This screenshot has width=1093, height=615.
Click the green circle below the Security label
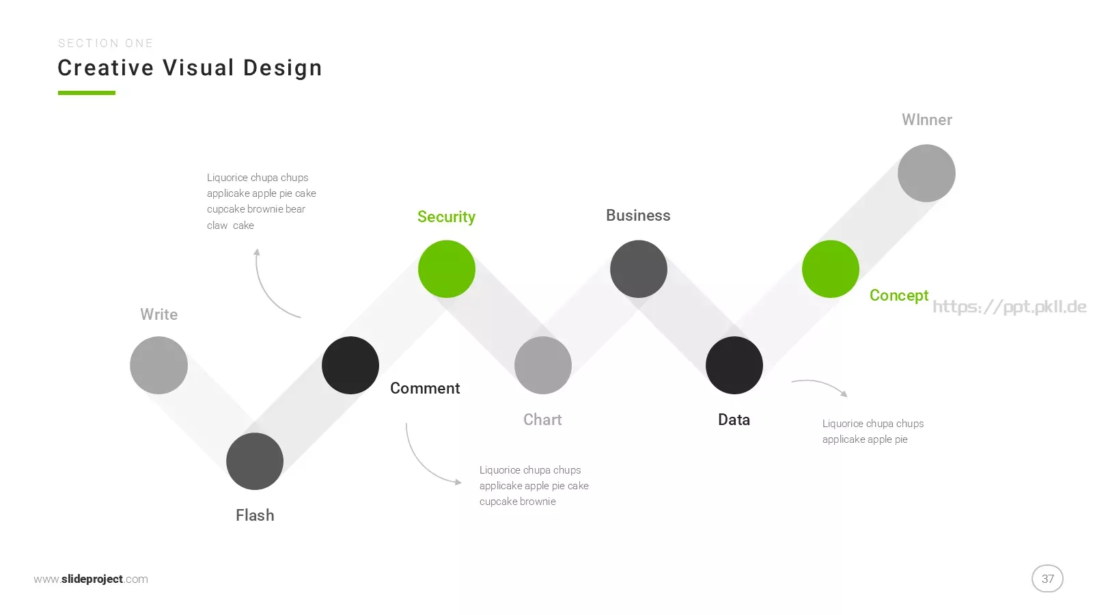pyautogui.click(x=447, y=269)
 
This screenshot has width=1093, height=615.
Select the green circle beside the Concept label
pyautogui.click(x=831, y=269)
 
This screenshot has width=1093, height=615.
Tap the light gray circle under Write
pyautogui.click(x=158, y=365)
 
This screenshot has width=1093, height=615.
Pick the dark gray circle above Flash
pyautogui.click(x=255, y=461)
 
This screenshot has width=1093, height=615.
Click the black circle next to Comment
pyautogui.click(x=350, y=365)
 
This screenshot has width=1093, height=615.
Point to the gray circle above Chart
pyautogui.click(x=542, y=365)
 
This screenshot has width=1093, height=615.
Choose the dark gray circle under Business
pyautogui.click(x=638, y=269)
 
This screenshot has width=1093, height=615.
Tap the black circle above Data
pyautogui.click(x=734, y=365)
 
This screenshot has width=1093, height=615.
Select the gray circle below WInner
pyautogui.click(x=926, y=174)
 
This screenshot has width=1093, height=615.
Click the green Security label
pyautogui.click(x=447, y=217)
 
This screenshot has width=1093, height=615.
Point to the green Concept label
pyautogui.click(x=899, y=295)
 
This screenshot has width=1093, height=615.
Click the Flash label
pyautogui.click(x=255, y=515)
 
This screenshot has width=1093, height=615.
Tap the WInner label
pyautogui.click(x=926, y=120)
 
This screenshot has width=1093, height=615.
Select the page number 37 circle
pyautogui.click(x=1047, y=579)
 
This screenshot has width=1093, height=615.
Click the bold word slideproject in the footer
pyautogui.click(x=92, y=579)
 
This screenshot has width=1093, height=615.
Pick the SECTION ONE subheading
pyautogui.click(x=105, y=44)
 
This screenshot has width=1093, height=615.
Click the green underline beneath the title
pyautogui.click(x=86, y=93)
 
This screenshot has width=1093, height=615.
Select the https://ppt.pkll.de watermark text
pyautogui.click(x=1009, y=307)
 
